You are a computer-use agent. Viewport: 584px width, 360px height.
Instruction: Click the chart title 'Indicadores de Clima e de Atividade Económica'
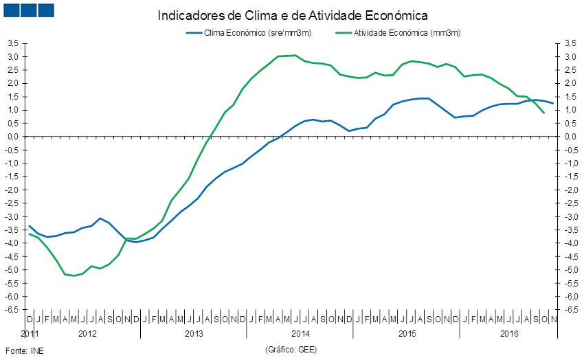[292, 14]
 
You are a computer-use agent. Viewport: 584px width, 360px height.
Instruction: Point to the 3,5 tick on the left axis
[12, 43]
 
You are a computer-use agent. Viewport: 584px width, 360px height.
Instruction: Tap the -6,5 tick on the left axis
[12, 310]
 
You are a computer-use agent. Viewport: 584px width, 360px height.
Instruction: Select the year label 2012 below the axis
[87, 334]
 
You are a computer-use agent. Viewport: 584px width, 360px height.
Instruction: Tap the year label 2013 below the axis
[194, 334]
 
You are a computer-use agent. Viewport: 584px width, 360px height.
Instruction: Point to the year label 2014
[300, 334]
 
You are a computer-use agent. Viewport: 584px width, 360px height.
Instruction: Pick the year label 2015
[407, 334]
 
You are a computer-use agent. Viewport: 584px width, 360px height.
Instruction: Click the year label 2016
[509, 334]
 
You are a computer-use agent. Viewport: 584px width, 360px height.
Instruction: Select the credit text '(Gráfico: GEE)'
[291, 350]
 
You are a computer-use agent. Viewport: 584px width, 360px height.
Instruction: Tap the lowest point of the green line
[74, 275]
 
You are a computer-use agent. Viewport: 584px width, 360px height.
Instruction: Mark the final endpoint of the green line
[544, 113]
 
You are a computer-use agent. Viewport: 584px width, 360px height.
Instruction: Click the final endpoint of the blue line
[553, 104]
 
